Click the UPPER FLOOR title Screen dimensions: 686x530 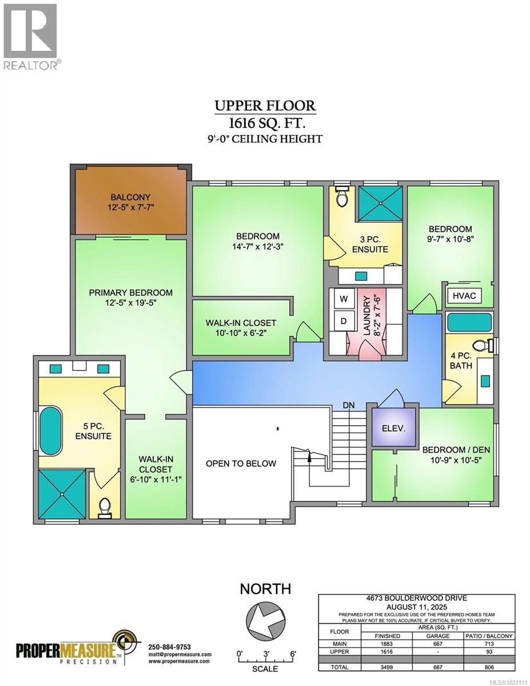coord(265,106)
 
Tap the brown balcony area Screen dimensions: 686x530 coord(131,202)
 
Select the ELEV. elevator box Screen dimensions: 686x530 coord(394,427)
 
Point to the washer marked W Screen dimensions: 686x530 coord(344,298)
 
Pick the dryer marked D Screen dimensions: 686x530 coord(344,321)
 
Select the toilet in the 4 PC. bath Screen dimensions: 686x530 coord(484,346)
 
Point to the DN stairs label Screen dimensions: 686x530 coord(349,405)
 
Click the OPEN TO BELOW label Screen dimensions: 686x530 coord(241,463)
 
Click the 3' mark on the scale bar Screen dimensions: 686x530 coord(266,653)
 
